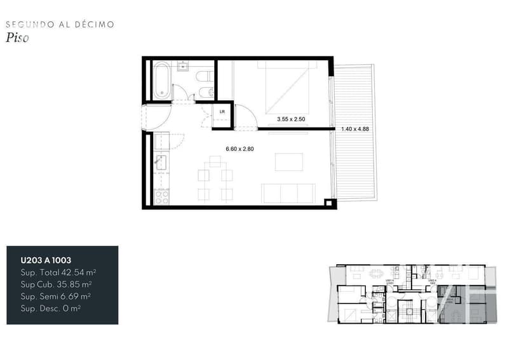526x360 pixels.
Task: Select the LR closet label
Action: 222,112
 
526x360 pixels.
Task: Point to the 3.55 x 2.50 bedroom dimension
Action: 291,119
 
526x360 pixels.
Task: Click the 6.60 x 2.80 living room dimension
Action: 239,149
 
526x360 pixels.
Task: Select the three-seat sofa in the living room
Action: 288,193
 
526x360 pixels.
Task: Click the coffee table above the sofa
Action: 285,163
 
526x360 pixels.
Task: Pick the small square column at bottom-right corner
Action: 328,203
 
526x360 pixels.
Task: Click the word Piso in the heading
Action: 17,37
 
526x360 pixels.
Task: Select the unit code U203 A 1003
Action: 46,260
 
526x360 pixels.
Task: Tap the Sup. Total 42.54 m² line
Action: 58,272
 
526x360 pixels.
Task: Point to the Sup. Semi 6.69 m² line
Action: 57,296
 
